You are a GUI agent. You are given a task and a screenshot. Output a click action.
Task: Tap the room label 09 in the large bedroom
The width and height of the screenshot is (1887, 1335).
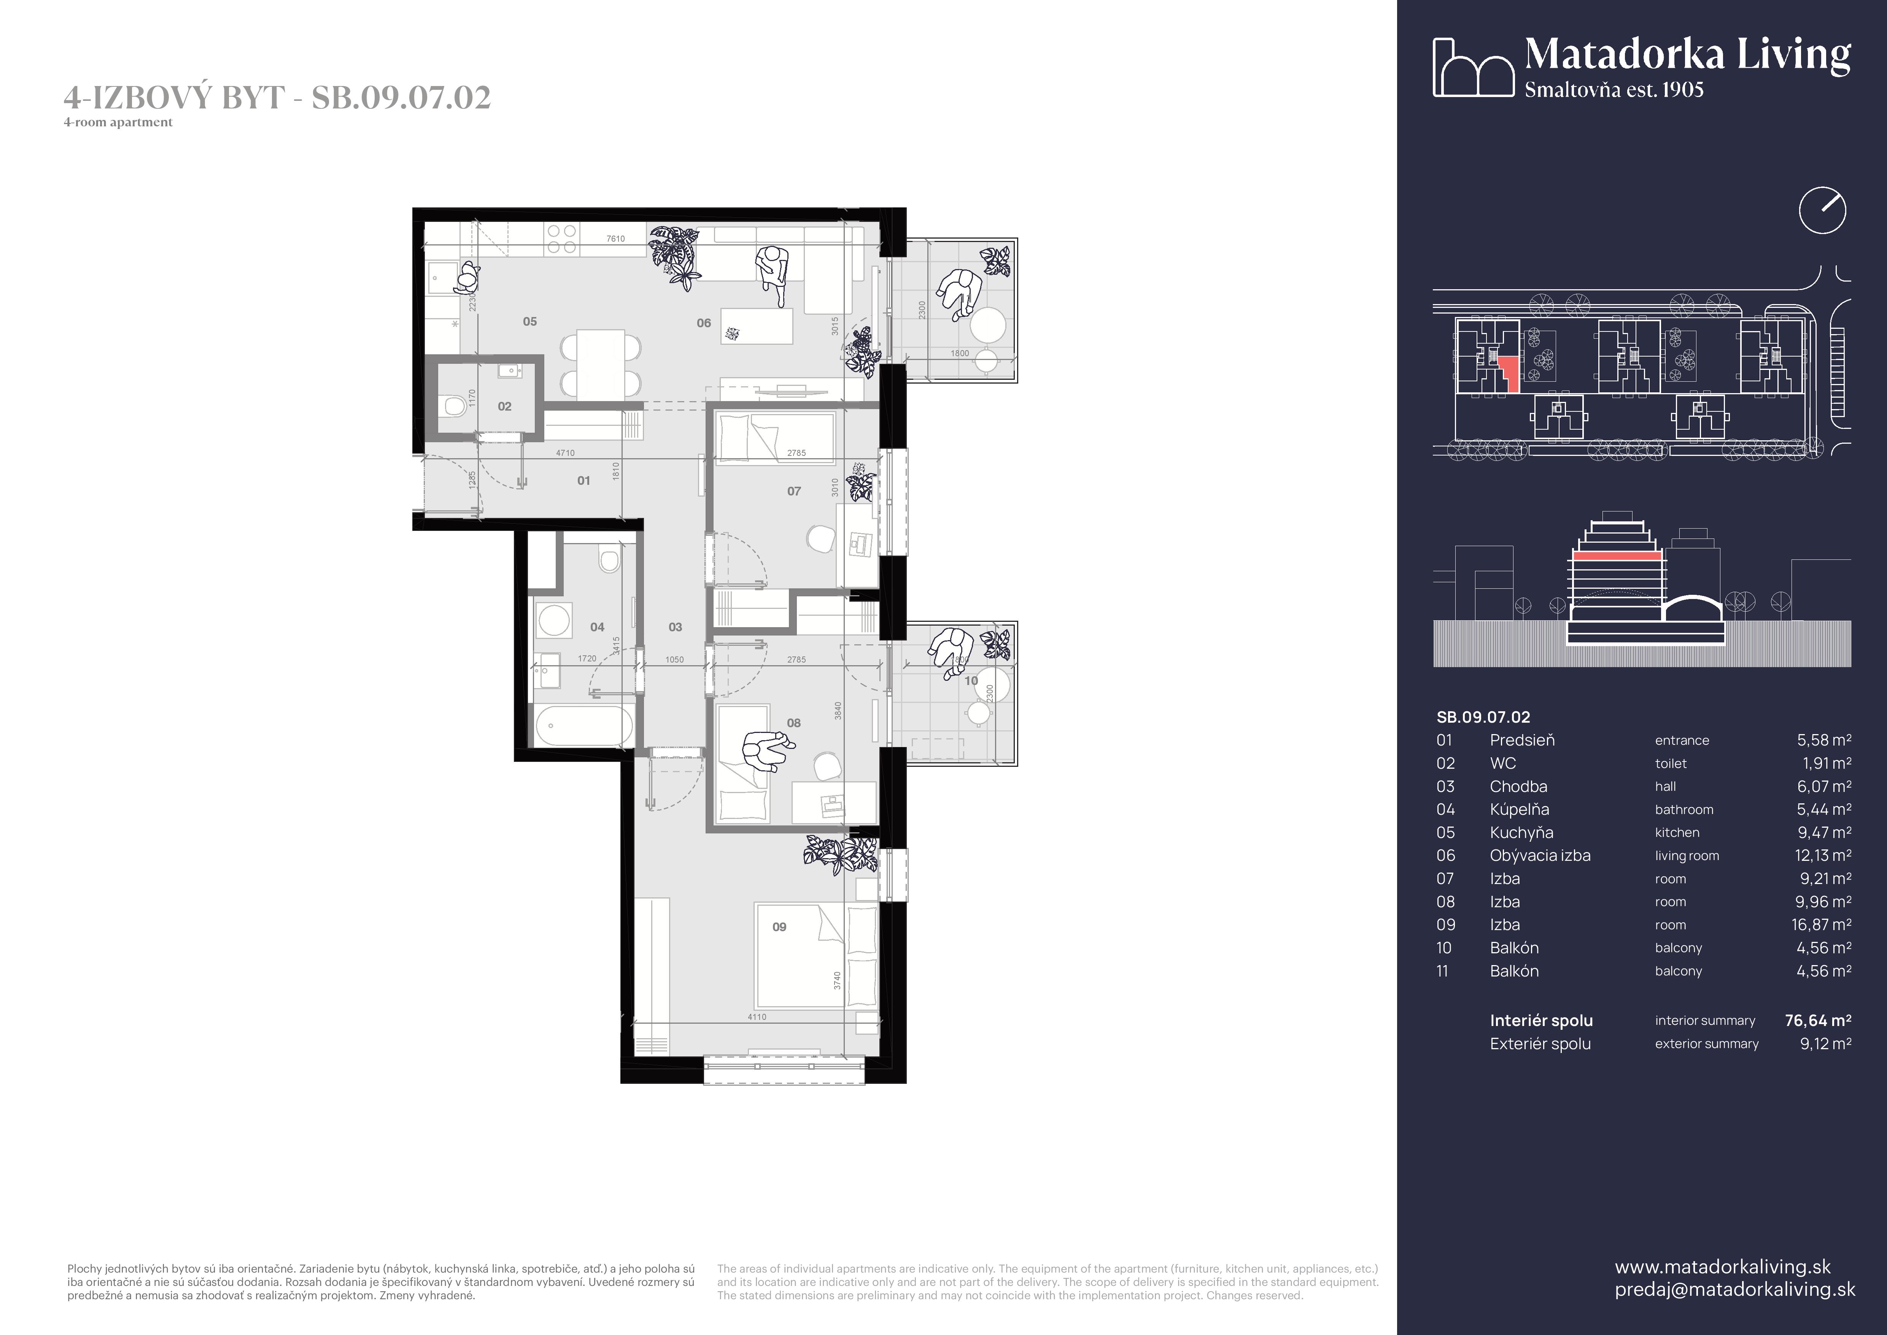coord(779,926)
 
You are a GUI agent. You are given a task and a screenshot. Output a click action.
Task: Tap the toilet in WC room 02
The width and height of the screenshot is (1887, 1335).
coord(451,405)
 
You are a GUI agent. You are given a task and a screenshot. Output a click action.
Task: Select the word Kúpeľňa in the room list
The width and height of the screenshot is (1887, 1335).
coord(1519,810)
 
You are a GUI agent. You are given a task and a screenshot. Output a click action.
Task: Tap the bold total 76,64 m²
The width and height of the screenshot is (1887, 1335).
coord(1817,1020)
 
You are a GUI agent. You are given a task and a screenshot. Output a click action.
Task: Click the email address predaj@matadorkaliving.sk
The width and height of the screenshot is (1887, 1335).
coord(1734,1289)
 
